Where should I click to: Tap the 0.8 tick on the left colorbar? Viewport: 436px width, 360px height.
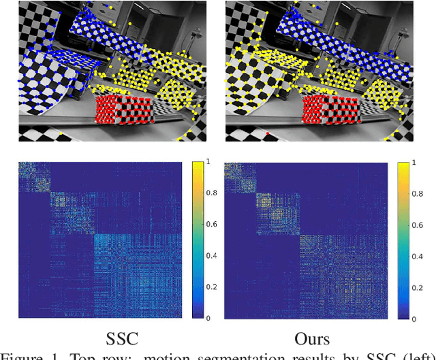pos(207,193)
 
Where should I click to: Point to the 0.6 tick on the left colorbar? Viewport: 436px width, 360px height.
pos(207,225)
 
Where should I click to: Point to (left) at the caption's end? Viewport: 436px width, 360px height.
pos(416,355)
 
